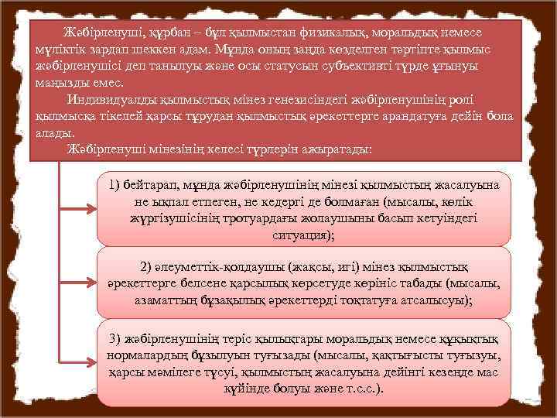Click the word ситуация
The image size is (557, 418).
[293, 235]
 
